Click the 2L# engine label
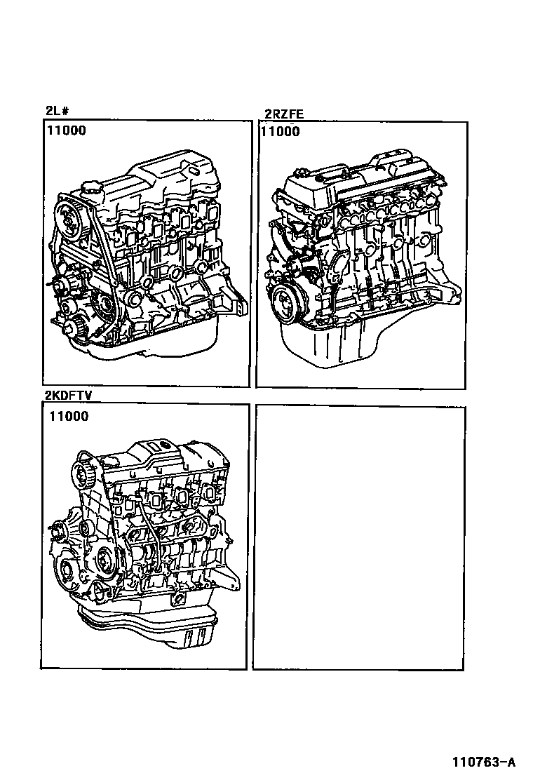tap(58, 110)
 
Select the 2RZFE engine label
tap(284, 114)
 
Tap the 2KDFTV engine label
tap(69, 396)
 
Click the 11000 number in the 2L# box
tap(67, 131)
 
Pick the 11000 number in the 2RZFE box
tap(281, 132)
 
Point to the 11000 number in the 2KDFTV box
tap(69, 417)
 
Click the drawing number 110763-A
tap(484, 762)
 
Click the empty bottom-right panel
tap(359, 537)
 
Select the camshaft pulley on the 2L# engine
tap(69, 220)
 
